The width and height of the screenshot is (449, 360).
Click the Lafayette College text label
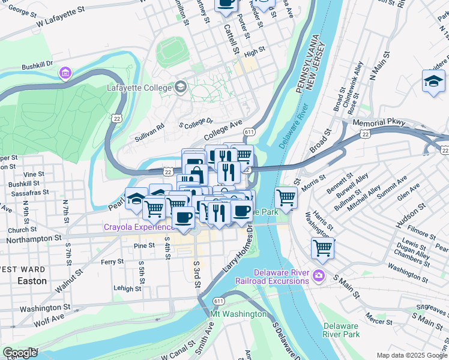[140, 88]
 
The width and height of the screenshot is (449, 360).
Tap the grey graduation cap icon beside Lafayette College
[180, 88]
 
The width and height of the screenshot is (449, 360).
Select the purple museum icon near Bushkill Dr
[65, 73]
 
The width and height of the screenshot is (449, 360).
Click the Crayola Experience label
[137, 227]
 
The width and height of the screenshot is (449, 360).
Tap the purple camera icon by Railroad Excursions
[319, 276]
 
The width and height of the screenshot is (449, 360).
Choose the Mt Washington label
[238, 314]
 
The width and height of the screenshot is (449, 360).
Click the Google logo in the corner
[20, 353]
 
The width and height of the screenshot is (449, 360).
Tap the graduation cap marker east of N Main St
[433, 81]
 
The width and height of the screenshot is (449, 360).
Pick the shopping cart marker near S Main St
[323, 247]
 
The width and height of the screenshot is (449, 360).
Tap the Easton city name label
[32, 281]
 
